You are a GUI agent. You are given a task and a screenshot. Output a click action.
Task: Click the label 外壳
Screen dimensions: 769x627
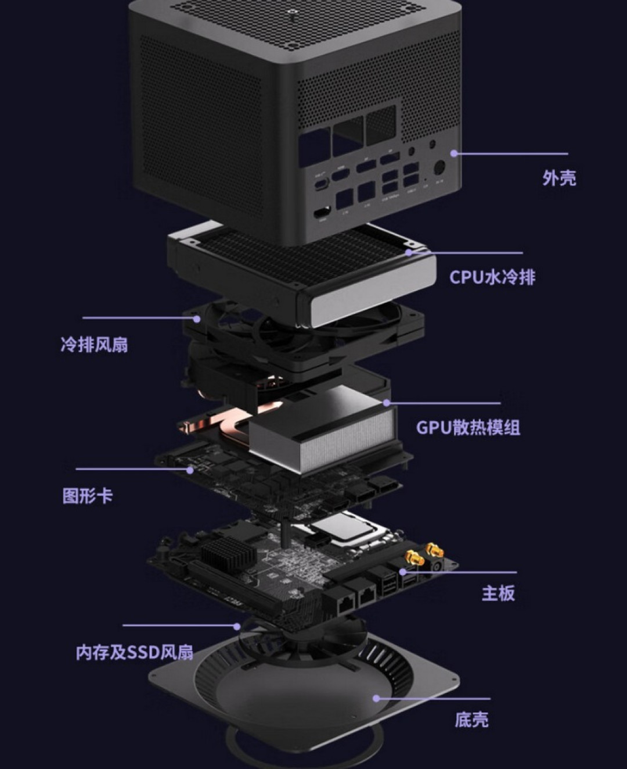(559, 178)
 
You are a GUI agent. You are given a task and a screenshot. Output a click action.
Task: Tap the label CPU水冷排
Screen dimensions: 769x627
(492, 277)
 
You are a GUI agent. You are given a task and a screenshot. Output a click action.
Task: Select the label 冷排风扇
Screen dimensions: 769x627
(94, 345)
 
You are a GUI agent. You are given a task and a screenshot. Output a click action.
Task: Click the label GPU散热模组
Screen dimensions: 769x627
(468, 428)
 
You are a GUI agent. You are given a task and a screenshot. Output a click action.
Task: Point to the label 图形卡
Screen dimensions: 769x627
(87, 496)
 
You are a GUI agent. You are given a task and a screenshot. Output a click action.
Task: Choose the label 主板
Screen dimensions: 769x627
(498, 593)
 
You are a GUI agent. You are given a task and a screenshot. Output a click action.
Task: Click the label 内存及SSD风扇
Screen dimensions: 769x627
(134, 652)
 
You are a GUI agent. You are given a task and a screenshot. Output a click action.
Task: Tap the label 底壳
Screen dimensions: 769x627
(471, 720)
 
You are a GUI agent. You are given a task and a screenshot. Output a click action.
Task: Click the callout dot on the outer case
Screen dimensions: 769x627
(454, 153)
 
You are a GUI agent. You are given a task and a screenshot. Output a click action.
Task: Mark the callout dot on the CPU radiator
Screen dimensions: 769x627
(409, 252)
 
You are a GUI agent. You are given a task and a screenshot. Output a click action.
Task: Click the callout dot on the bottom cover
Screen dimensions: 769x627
(376, 698)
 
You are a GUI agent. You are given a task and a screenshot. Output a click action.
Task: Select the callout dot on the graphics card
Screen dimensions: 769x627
(190, 470)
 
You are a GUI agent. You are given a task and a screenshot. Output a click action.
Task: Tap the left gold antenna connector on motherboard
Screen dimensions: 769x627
(414, 559)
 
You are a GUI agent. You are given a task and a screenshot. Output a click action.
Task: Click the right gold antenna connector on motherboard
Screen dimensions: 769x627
(433, 549)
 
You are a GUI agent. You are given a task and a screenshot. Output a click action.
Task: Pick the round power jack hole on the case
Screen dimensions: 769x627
(439, 168)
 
